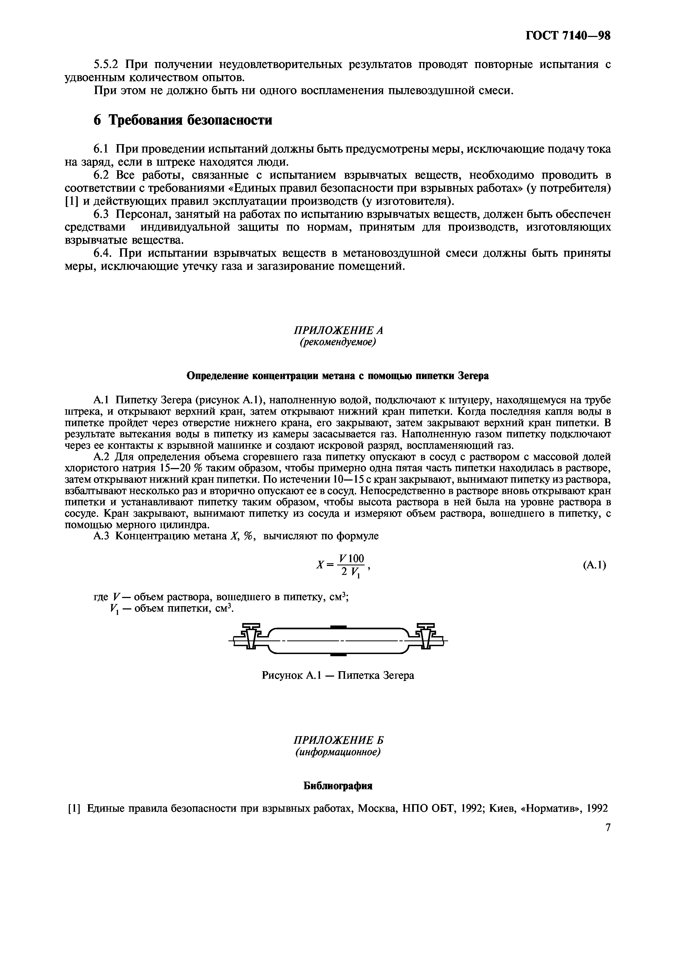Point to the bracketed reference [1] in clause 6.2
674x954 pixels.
tap(72, 202)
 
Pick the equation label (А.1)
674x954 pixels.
tap(595, 565)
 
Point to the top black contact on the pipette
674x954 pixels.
tap(338, 627)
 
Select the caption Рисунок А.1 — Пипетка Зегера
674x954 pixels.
tap(338, 675)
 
